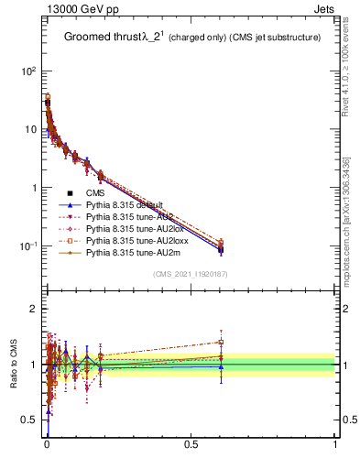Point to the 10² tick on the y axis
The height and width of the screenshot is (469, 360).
pyautogui.click(x=28, y=71)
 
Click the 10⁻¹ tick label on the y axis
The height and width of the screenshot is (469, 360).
pyautogui.click(x=27, y=246)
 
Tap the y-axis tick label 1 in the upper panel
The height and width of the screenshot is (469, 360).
pyautogui.click(x=33, y=188)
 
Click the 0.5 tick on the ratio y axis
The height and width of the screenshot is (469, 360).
pyautogui.click(x=28, y=420)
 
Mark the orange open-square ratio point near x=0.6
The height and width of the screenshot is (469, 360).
pyautogui.click(x=220, y=343)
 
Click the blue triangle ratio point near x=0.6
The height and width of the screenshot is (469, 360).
pyautogui.click(x=220, y=366)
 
